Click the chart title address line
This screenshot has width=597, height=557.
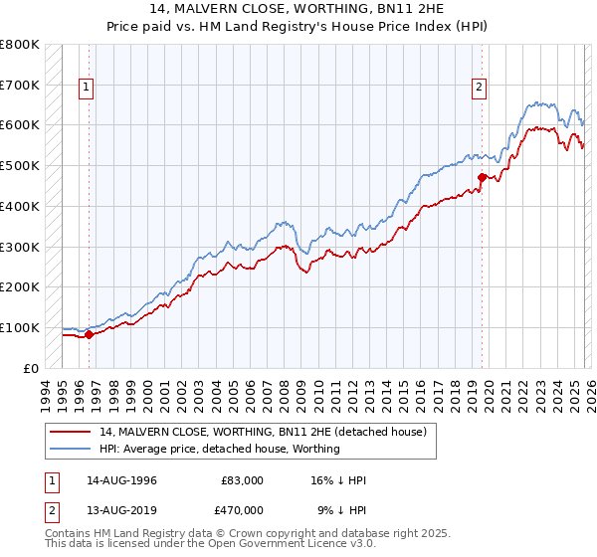[298, 9]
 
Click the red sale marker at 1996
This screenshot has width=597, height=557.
[89, 334]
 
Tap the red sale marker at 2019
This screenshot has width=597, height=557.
[482, 178]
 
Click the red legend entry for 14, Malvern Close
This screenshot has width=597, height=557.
[263, 432]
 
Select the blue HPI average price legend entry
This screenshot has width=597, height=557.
[220, 449]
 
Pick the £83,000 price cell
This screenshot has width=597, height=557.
[242, 480]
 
